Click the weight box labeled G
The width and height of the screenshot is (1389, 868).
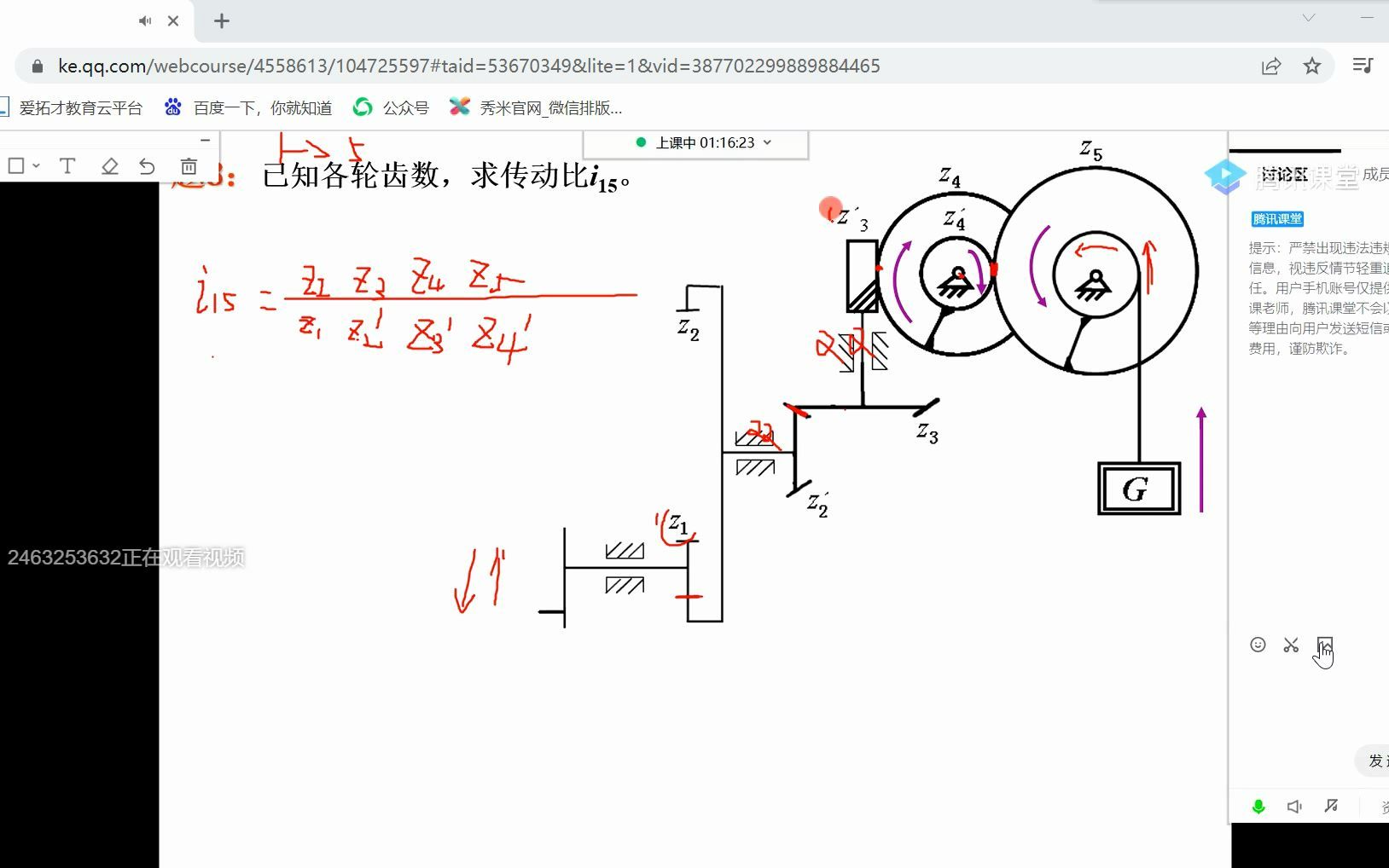(1139, 489)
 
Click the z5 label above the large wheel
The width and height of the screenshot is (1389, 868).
(1091, 151)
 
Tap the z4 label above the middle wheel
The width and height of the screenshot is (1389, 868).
(950, 177)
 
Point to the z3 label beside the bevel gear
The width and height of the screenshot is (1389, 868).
(927, 433)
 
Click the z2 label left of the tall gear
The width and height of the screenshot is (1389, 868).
(689, 328)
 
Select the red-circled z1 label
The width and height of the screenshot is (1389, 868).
(678, 524)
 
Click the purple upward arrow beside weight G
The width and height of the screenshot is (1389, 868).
(1201, 460)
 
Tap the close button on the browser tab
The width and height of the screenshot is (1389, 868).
(173, 20)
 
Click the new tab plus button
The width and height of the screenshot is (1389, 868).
(222, 21)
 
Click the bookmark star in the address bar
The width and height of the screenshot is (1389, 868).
(1312, 66)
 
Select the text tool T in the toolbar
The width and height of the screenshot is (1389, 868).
(67, 166)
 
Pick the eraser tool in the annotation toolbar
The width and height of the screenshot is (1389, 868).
(109, 166)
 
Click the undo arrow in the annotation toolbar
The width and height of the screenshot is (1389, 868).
(147, 166)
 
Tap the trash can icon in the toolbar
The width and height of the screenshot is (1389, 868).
(189, 166)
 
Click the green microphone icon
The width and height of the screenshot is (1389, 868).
(1258, 807)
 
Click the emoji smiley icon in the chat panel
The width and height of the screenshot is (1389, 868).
(1258, 645)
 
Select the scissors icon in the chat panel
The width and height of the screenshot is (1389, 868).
(1291, 645)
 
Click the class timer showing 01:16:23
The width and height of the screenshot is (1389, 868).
(705, 142)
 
